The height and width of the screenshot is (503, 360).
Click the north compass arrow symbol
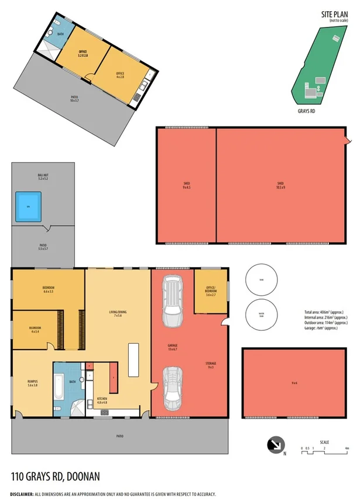274,446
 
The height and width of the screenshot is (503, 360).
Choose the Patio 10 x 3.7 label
74,98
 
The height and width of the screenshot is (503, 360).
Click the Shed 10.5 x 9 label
280,186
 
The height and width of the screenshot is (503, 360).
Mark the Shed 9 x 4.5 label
186,186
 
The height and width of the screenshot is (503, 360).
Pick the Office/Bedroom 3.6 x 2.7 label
211,293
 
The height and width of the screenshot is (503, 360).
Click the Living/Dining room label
118,313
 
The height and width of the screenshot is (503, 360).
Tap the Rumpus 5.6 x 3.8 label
32,384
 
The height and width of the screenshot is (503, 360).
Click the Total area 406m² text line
326,312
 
